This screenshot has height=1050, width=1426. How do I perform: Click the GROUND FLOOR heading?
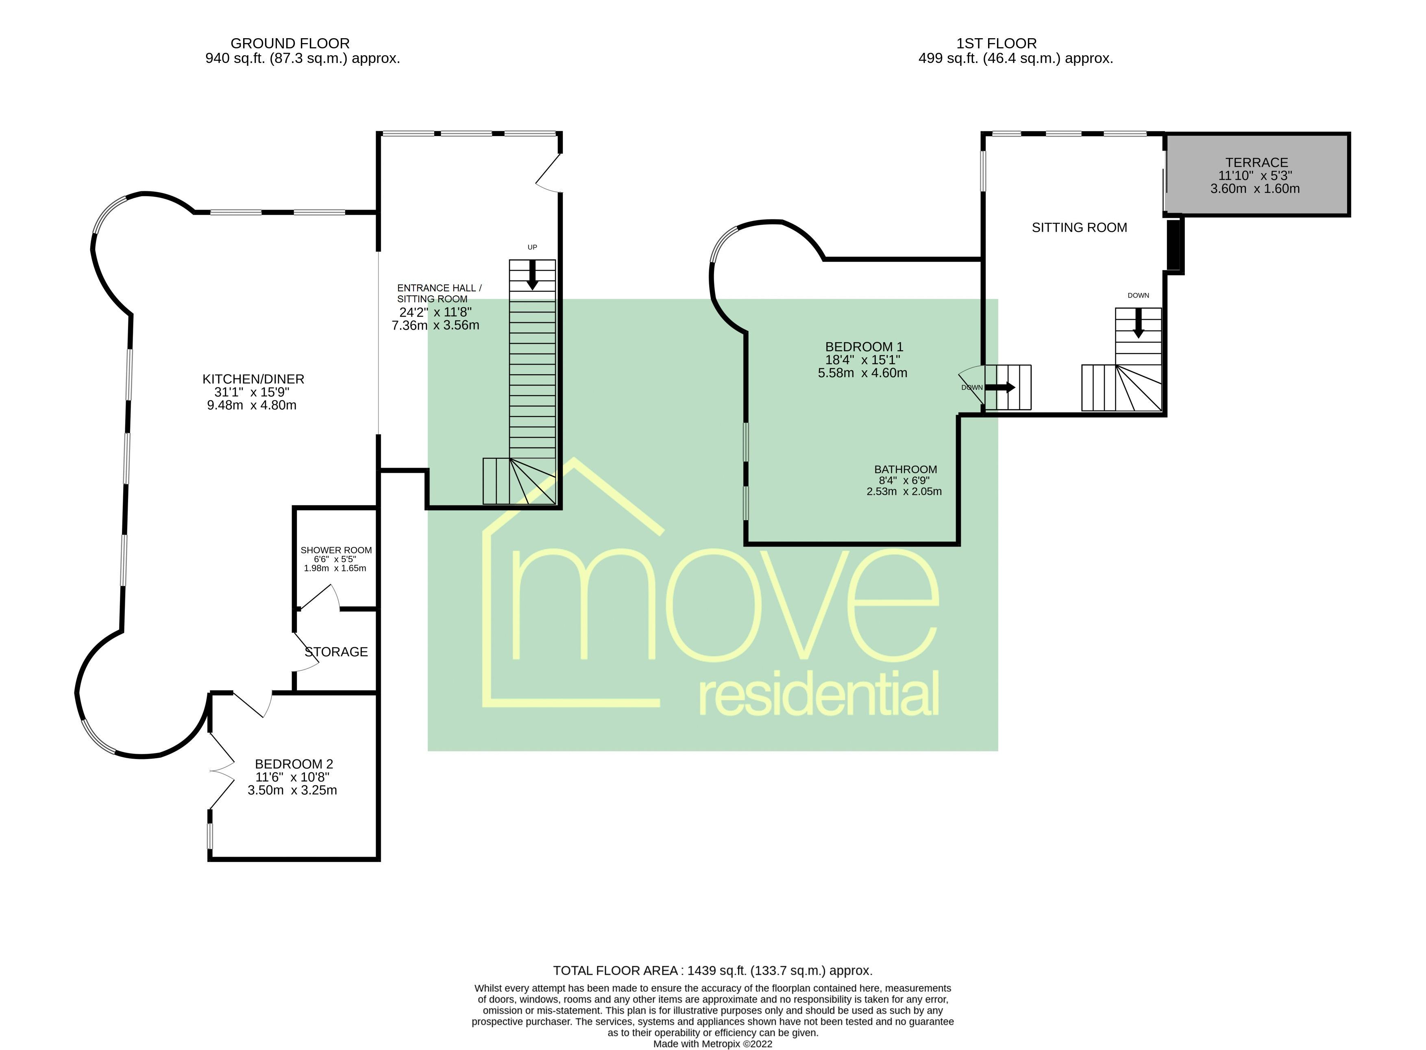[290, 43]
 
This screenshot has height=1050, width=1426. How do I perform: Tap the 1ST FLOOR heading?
[996, 43]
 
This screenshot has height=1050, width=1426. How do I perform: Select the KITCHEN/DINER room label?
[253, 379]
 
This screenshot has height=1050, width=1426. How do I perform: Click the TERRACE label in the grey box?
[1256, 162]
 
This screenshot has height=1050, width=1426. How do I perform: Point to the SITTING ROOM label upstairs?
[1079, 228]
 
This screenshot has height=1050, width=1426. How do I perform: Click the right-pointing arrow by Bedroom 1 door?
[1000, 387]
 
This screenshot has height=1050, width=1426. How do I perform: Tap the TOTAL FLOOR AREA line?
[712, 970]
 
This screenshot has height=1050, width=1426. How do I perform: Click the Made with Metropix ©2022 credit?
[712, 1043]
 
